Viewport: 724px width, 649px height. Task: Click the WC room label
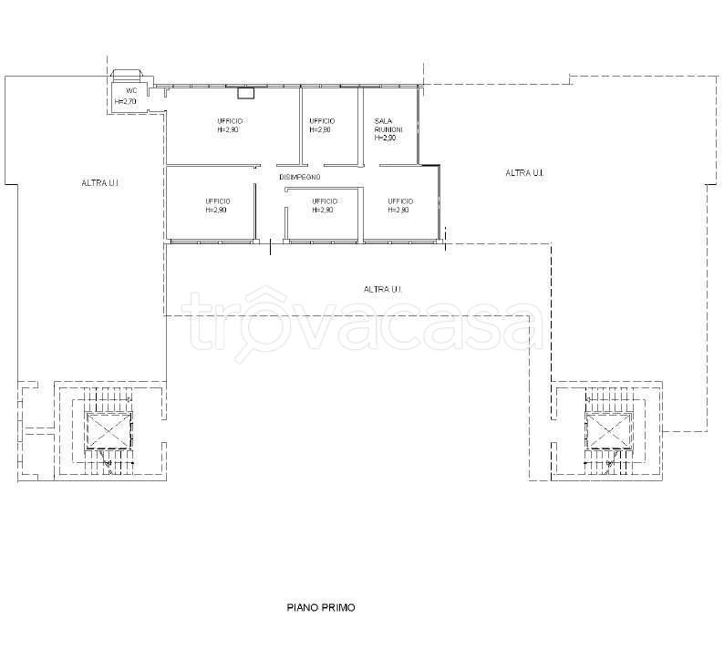[131, 91]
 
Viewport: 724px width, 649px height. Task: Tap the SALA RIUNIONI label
[388, 125]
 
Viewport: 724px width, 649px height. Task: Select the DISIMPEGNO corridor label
[300, 177]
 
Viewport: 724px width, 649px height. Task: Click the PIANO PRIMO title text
[321, 607]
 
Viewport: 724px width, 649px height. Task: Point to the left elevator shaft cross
[109, 430]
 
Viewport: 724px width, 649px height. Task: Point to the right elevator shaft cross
[609, 431]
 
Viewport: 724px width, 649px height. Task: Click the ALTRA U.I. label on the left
[100, 183]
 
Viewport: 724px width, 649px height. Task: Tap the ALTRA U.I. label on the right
[524, 173]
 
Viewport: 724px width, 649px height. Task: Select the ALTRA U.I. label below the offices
[383, 290]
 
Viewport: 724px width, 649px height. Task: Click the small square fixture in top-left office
[245, 93]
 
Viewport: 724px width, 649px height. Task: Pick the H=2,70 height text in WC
[126, 101]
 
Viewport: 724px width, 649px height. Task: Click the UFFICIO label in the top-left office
[230, 121]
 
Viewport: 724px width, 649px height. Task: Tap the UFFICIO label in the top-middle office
[322, 121]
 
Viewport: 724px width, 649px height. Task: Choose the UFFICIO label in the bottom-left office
[218, 201]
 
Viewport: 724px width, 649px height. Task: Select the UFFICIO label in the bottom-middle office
[325, 201]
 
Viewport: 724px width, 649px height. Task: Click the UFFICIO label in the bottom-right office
[400, 201]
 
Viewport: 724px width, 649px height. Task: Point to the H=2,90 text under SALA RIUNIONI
[385, 138]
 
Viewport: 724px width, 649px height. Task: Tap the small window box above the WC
[126, 76]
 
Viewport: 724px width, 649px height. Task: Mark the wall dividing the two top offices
[301, 126]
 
